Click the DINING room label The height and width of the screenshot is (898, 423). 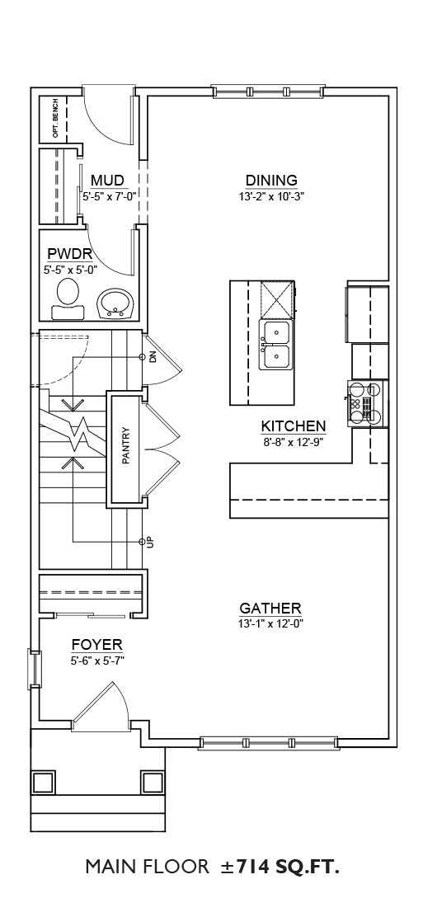(271, 181)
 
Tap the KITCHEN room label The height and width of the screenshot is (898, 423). (294, 426)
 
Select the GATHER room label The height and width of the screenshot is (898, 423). (270, 609)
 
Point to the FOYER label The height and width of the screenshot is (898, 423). (96, 645)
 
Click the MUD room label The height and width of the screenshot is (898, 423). (107, 181)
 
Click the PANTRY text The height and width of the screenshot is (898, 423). (126, 445)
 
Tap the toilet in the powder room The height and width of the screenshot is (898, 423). (68, 299)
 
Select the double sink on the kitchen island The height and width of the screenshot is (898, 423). (277, 346)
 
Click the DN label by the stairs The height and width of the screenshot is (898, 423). (153, 357)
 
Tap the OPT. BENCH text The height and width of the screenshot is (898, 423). (54, 120)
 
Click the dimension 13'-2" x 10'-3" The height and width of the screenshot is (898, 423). (271, 196)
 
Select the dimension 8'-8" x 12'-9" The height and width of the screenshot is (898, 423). (294, 441)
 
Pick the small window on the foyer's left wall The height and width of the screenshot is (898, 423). (35, 669)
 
